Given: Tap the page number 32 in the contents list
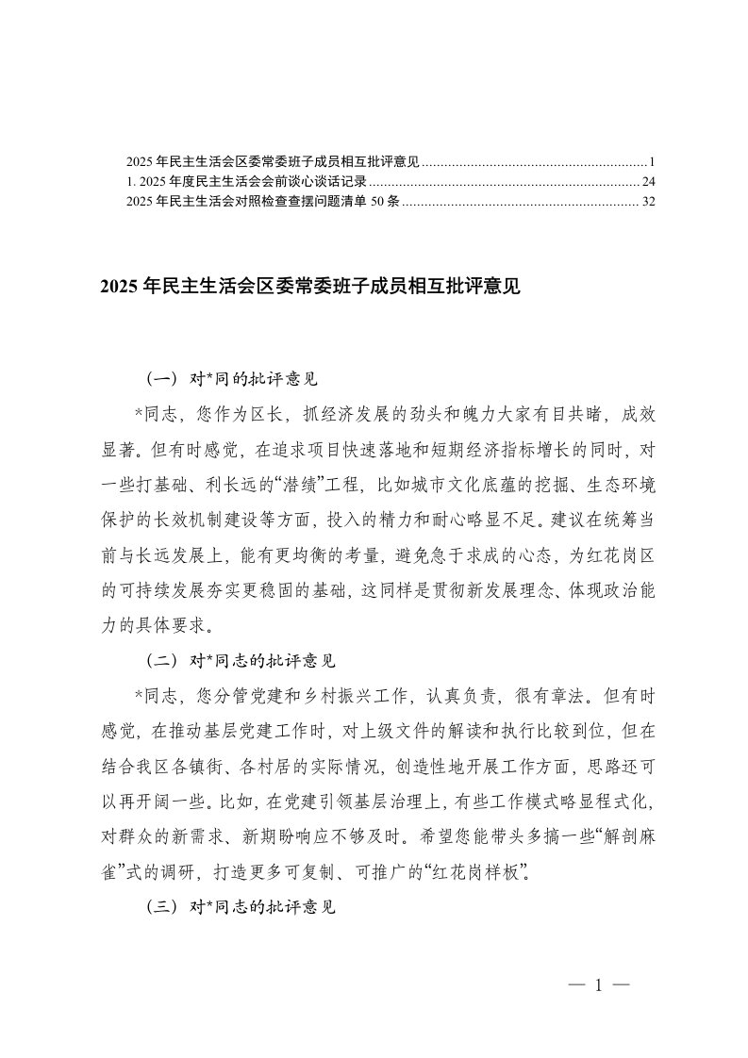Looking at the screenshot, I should pyautogui.click(x=647, y=201).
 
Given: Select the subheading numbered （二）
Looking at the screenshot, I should pyautogui.click(x=241, y=664).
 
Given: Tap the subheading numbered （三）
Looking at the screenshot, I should pyautogui.click(x=241, y=910).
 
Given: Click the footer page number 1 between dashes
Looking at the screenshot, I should pyautogui.click(x=599, y=985).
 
